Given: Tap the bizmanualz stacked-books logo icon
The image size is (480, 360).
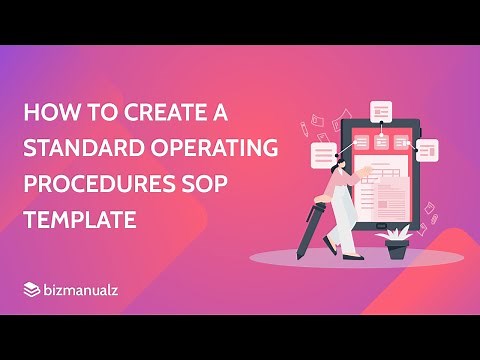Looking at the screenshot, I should pyautogui.click(x=32, y=289).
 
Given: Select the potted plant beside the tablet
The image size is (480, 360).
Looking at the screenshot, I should pyautogui.click(x=397, y=243).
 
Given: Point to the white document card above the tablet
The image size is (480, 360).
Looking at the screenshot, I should pyautogui.click(x=380, y=112).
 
